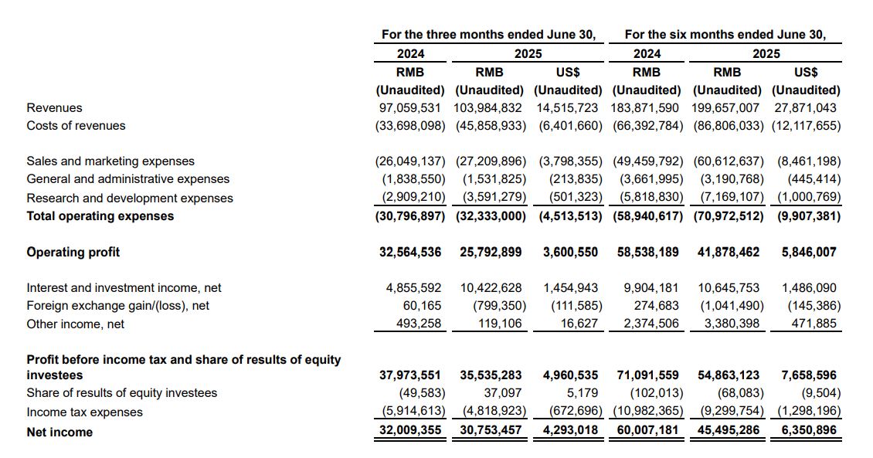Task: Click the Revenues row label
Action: [x=54, y=108]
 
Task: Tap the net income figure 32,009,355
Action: [x=410, y=429]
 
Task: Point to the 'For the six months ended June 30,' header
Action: [x=725, y=35]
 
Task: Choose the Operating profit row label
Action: [x=73, y=252]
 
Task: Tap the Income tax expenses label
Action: [x=84, y=412]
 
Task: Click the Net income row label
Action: [x=59, y=433]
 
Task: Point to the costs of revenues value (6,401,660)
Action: [x=569, y=126]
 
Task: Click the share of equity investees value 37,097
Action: [x=499, y=393]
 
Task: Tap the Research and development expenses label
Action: [x=130, y=198]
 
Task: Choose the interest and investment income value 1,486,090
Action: [x=809, y=288]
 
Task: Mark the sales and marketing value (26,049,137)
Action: [x=410, y=161]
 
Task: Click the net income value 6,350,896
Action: [x=809, y=429]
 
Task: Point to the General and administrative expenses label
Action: [x=128, y=179]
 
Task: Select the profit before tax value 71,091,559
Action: [x=647, y=375]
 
